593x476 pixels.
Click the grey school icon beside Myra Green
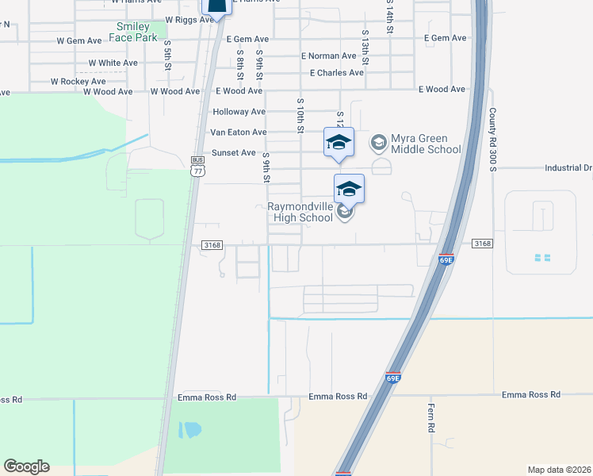378,143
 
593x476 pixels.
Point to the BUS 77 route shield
197,163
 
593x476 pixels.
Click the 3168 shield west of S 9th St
211,245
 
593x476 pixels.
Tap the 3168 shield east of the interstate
482,244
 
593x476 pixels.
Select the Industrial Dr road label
568,168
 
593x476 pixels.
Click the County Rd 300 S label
492,140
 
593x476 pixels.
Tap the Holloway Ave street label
239,112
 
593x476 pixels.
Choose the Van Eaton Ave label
238,132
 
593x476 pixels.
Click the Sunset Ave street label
234,153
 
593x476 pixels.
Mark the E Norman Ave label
329,56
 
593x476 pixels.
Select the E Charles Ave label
337,73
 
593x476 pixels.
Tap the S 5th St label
168,61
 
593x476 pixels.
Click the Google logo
26,466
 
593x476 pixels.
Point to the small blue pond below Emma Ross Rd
190,431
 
